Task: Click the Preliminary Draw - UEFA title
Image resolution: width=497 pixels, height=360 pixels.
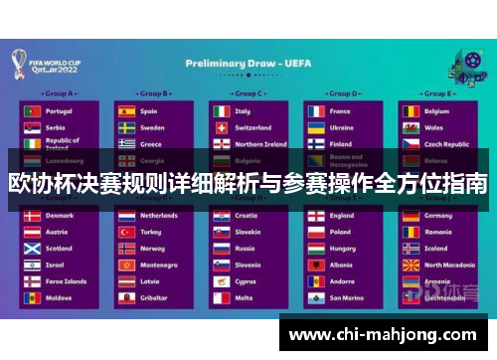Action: [248, 63]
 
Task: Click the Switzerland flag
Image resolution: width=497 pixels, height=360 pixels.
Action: [221, 127]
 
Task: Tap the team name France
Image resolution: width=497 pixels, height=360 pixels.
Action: [340, 111]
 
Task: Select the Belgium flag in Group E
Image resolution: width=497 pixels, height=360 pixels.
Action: [411, 111]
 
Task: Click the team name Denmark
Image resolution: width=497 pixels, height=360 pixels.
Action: [60, 215]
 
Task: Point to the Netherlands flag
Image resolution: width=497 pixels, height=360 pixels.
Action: [126, 215]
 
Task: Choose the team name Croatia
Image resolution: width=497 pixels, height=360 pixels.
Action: [246, 215]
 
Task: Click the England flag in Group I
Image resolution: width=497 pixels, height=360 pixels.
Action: [315, 215]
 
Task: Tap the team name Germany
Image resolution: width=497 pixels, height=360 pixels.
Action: [438, 215]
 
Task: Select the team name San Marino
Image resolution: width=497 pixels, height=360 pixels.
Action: [347, 297]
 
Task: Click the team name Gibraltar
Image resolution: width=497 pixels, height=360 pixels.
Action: [153, 297]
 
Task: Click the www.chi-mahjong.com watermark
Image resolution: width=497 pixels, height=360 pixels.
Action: [382, 335]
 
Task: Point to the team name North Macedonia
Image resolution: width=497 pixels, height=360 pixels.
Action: [449, 265]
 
